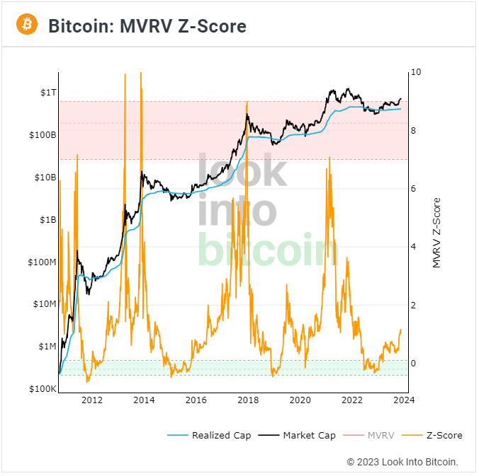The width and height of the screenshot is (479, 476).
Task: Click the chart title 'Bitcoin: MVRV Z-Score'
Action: [x=147, y=26]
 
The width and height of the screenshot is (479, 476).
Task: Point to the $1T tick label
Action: [x=47, y=92]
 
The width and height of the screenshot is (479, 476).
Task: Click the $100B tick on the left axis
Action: [x=42, y=134]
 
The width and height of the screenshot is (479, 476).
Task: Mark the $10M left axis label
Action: [x=43, y=304]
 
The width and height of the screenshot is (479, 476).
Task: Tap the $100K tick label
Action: [x=42, y=389]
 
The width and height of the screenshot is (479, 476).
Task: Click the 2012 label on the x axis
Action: [x=92, y=400]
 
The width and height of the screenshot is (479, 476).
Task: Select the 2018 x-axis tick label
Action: [x=248, y=400]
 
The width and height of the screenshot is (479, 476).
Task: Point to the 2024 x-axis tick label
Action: [x=404, y=400]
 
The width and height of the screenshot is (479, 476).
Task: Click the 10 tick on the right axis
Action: [x=417, y=72]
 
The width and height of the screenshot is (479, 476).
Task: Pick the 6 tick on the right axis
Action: [x=415, y=189]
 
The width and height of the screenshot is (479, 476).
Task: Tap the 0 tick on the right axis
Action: [x=415, y=364]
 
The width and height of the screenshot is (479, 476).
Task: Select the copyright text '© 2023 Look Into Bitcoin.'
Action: [x=402, y=462]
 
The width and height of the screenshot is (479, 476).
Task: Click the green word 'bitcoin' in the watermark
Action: [x=268, y=250]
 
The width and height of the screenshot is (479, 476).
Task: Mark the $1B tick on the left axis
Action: [x=47, y=219]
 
